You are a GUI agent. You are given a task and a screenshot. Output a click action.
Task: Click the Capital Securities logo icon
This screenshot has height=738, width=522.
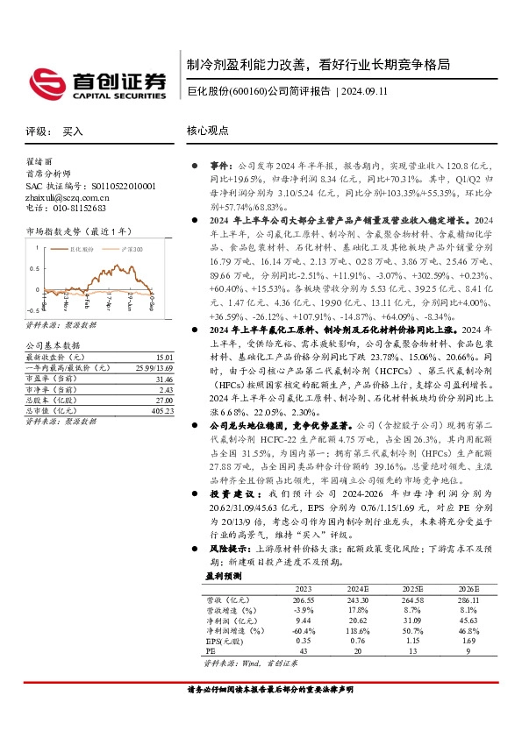click(45, 82)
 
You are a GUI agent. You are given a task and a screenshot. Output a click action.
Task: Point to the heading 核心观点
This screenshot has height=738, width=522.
click(207, 130)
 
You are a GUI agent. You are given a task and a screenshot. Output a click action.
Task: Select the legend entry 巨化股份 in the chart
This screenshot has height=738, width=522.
click(84, 249)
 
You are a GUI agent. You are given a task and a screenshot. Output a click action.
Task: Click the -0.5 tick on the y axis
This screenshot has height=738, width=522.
click(34, 309)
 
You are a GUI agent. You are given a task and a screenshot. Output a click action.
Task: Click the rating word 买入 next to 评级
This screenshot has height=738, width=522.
click(73, 131)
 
